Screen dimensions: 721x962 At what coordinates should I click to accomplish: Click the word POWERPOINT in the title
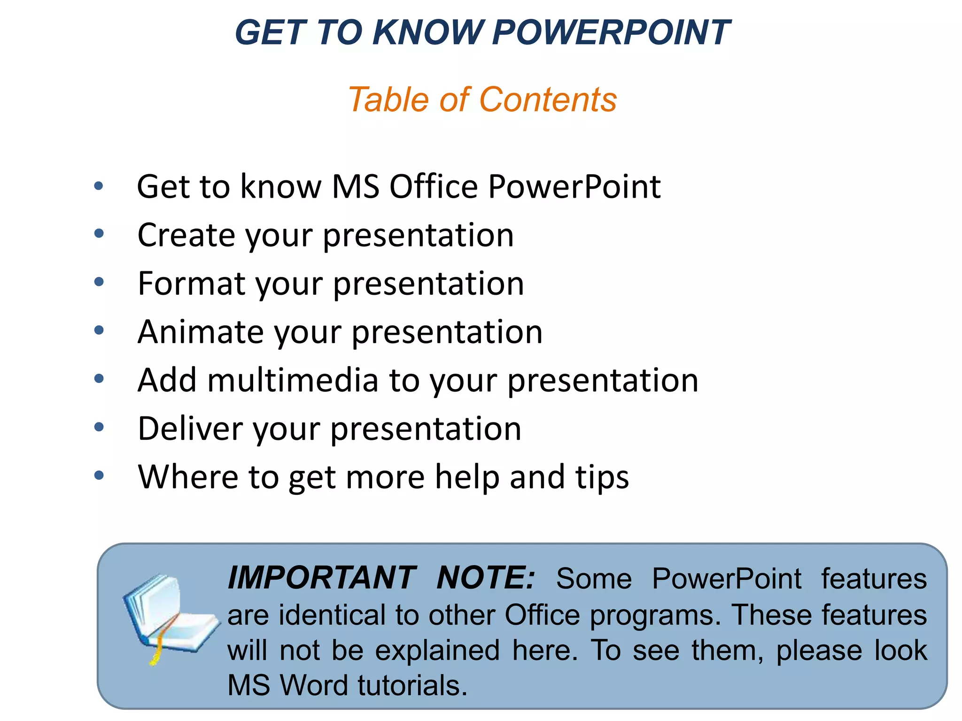tap(611, 33)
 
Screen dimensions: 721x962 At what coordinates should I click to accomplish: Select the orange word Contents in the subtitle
tap(548, 100)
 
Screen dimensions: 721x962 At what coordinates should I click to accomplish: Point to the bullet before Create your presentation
tap(99, 233)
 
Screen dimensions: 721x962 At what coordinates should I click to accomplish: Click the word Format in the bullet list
tap(191, 284)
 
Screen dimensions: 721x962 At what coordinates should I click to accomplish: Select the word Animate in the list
tap(201, 332)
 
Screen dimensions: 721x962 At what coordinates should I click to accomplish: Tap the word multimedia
tap(293, 380)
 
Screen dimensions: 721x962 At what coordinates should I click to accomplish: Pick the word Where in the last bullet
tap(188, 477)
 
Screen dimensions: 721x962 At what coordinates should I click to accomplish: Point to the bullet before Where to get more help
tap(99, 476)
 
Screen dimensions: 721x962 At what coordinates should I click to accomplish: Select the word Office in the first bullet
tap(434, 187)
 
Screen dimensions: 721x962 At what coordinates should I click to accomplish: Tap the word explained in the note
tap(437, 651)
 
